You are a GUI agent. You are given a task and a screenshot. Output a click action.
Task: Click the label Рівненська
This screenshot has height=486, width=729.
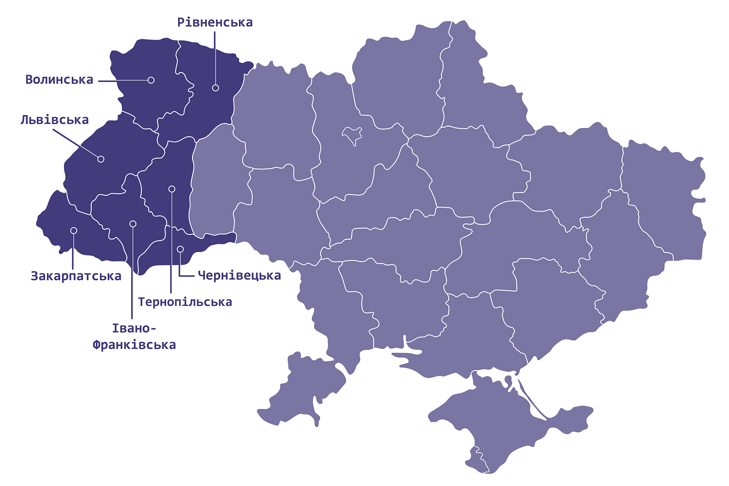click(x=215, y=22)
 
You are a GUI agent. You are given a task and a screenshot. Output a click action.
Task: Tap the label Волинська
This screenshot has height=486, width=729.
click(x=59, y=80)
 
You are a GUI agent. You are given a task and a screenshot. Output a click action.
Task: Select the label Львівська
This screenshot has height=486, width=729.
click(x=55, y=120)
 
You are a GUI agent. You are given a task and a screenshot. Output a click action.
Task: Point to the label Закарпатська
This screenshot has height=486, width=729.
click(x=76, y=276)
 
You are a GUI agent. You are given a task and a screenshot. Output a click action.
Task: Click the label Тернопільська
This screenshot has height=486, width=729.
click(x=185, y=302)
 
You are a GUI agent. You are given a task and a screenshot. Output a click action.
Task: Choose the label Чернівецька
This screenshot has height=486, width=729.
click(x=240, y=276)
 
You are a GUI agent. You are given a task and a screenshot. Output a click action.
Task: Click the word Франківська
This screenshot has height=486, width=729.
click(x=134, y=345)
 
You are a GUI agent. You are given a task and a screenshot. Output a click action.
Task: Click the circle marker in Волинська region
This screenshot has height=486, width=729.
click(x=151, y=80)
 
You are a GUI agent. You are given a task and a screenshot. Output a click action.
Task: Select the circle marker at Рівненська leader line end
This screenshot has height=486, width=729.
click(x=215, y=88)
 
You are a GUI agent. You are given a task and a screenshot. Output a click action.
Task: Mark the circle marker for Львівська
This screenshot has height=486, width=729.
click(x=101, y=159)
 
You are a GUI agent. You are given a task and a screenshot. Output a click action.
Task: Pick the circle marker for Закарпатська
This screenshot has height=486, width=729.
click(x=74, y=230)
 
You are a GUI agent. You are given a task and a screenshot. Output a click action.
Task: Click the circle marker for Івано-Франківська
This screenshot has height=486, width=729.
click(x=133, y=224)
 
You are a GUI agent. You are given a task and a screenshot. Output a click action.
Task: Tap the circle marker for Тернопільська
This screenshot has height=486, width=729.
click(x=172, y=189)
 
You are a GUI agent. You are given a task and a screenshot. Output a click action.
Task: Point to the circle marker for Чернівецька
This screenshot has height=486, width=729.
click(x=180, y=249)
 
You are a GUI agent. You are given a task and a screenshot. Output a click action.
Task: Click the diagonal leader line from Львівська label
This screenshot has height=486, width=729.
click(x=76, y=144)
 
